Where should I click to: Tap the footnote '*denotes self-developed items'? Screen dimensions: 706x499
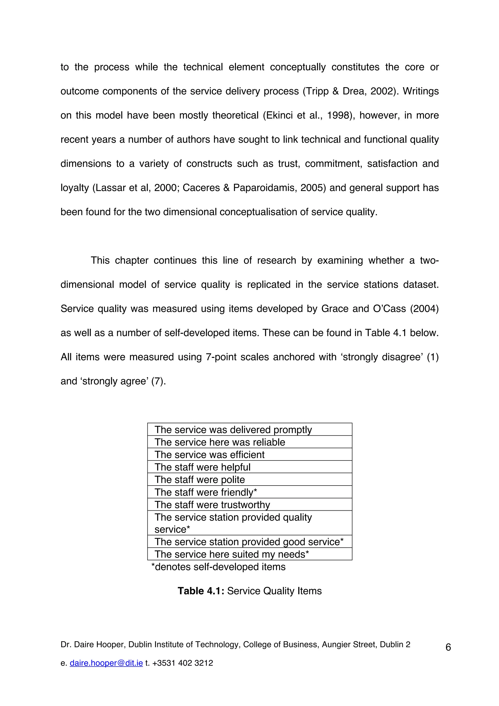218,567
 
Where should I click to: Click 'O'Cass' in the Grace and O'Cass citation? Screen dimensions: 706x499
389,309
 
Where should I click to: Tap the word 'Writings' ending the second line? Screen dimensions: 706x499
421,91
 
